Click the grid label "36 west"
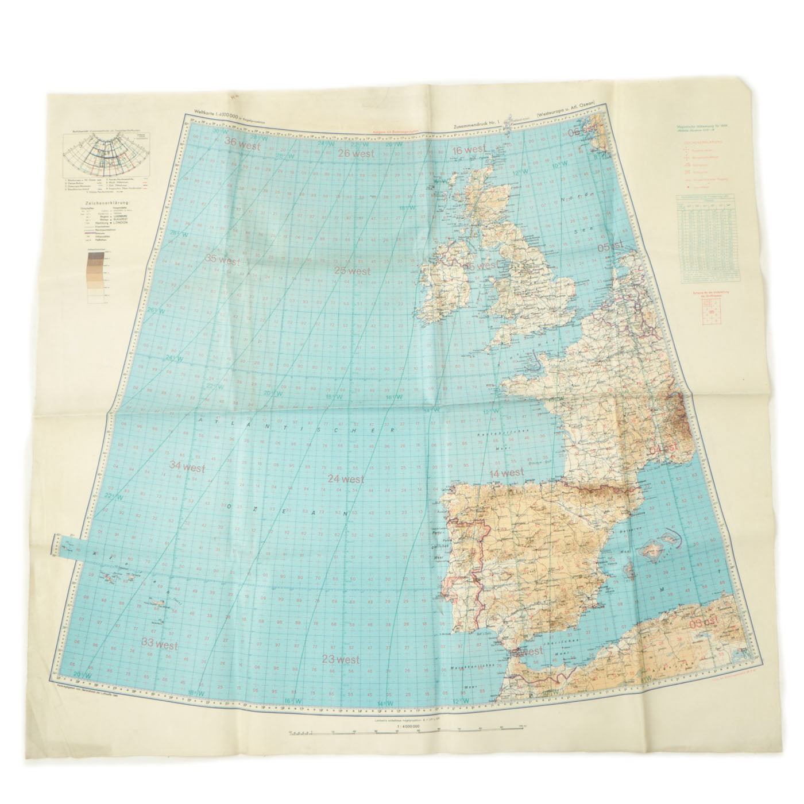[x=243, y=144]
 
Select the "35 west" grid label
[x=224, y=259]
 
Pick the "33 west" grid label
[x=159, y=645]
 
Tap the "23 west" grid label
[x=341, y=660]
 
